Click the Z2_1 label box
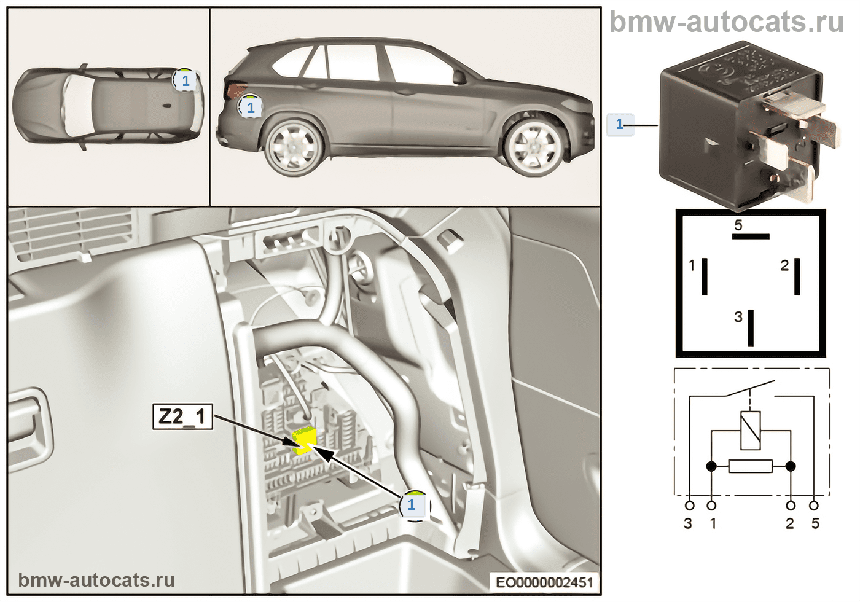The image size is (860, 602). (x=182, y=417)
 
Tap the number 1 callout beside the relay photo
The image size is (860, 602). (x=619, y=124)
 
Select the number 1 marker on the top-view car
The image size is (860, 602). (x=186, y=80)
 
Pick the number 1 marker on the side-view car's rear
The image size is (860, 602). (x=250, y=108)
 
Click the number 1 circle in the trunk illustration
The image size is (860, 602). (x=412, y=505)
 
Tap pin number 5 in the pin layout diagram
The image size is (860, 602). (x=751, y=235)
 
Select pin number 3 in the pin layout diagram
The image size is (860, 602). (x=751, y=327)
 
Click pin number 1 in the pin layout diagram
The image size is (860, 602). (x=705, y=276)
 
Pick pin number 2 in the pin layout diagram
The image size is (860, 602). (x=797, y=276)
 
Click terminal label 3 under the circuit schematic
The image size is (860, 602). (x=688, y=523)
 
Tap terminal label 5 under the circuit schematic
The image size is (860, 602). (x=815, y=523)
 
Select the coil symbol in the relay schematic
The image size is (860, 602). (x=751, y=430)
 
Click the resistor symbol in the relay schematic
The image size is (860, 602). (x=751, y=467)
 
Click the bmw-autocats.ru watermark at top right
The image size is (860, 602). (x=726, y=23)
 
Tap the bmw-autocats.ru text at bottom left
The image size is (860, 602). (x=96, y=580)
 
